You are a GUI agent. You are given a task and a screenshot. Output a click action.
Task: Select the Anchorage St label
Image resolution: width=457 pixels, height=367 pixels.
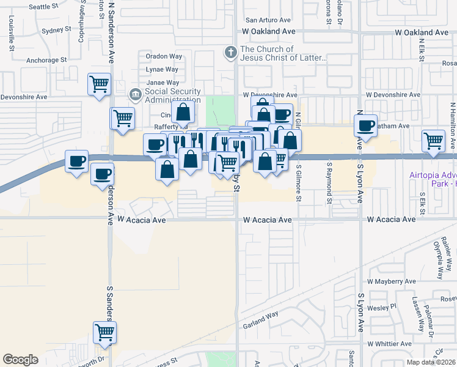tap(46, 60)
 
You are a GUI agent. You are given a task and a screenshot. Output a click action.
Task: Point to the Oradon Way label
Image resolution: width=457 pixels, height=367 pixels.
tap(164, 56)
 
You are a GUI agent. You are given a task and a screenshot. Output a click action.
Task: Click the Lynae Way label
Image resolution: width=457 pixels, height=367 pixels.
tap(162, 69)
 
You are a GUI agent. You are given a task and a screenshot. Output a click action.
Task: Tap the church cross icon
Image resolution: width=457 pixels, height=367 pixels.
tap(230, 53)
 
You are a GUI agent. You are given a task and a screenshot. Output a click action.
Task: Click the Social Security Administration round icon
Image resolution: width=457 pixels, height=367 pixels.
tap(135, 95)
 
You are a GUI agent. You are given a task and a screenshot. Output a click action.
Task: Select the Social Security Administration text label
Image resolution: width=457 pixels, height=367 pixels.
tap(172, 95)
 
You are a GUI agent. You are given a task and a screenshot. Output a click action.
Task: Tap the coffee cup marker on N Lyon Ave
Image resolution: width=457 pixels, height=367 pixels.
tap(365, 127)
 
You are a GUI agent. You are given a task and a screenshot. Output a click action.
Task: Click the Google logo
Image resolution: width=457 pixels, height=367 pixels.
tap(20, 360)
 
